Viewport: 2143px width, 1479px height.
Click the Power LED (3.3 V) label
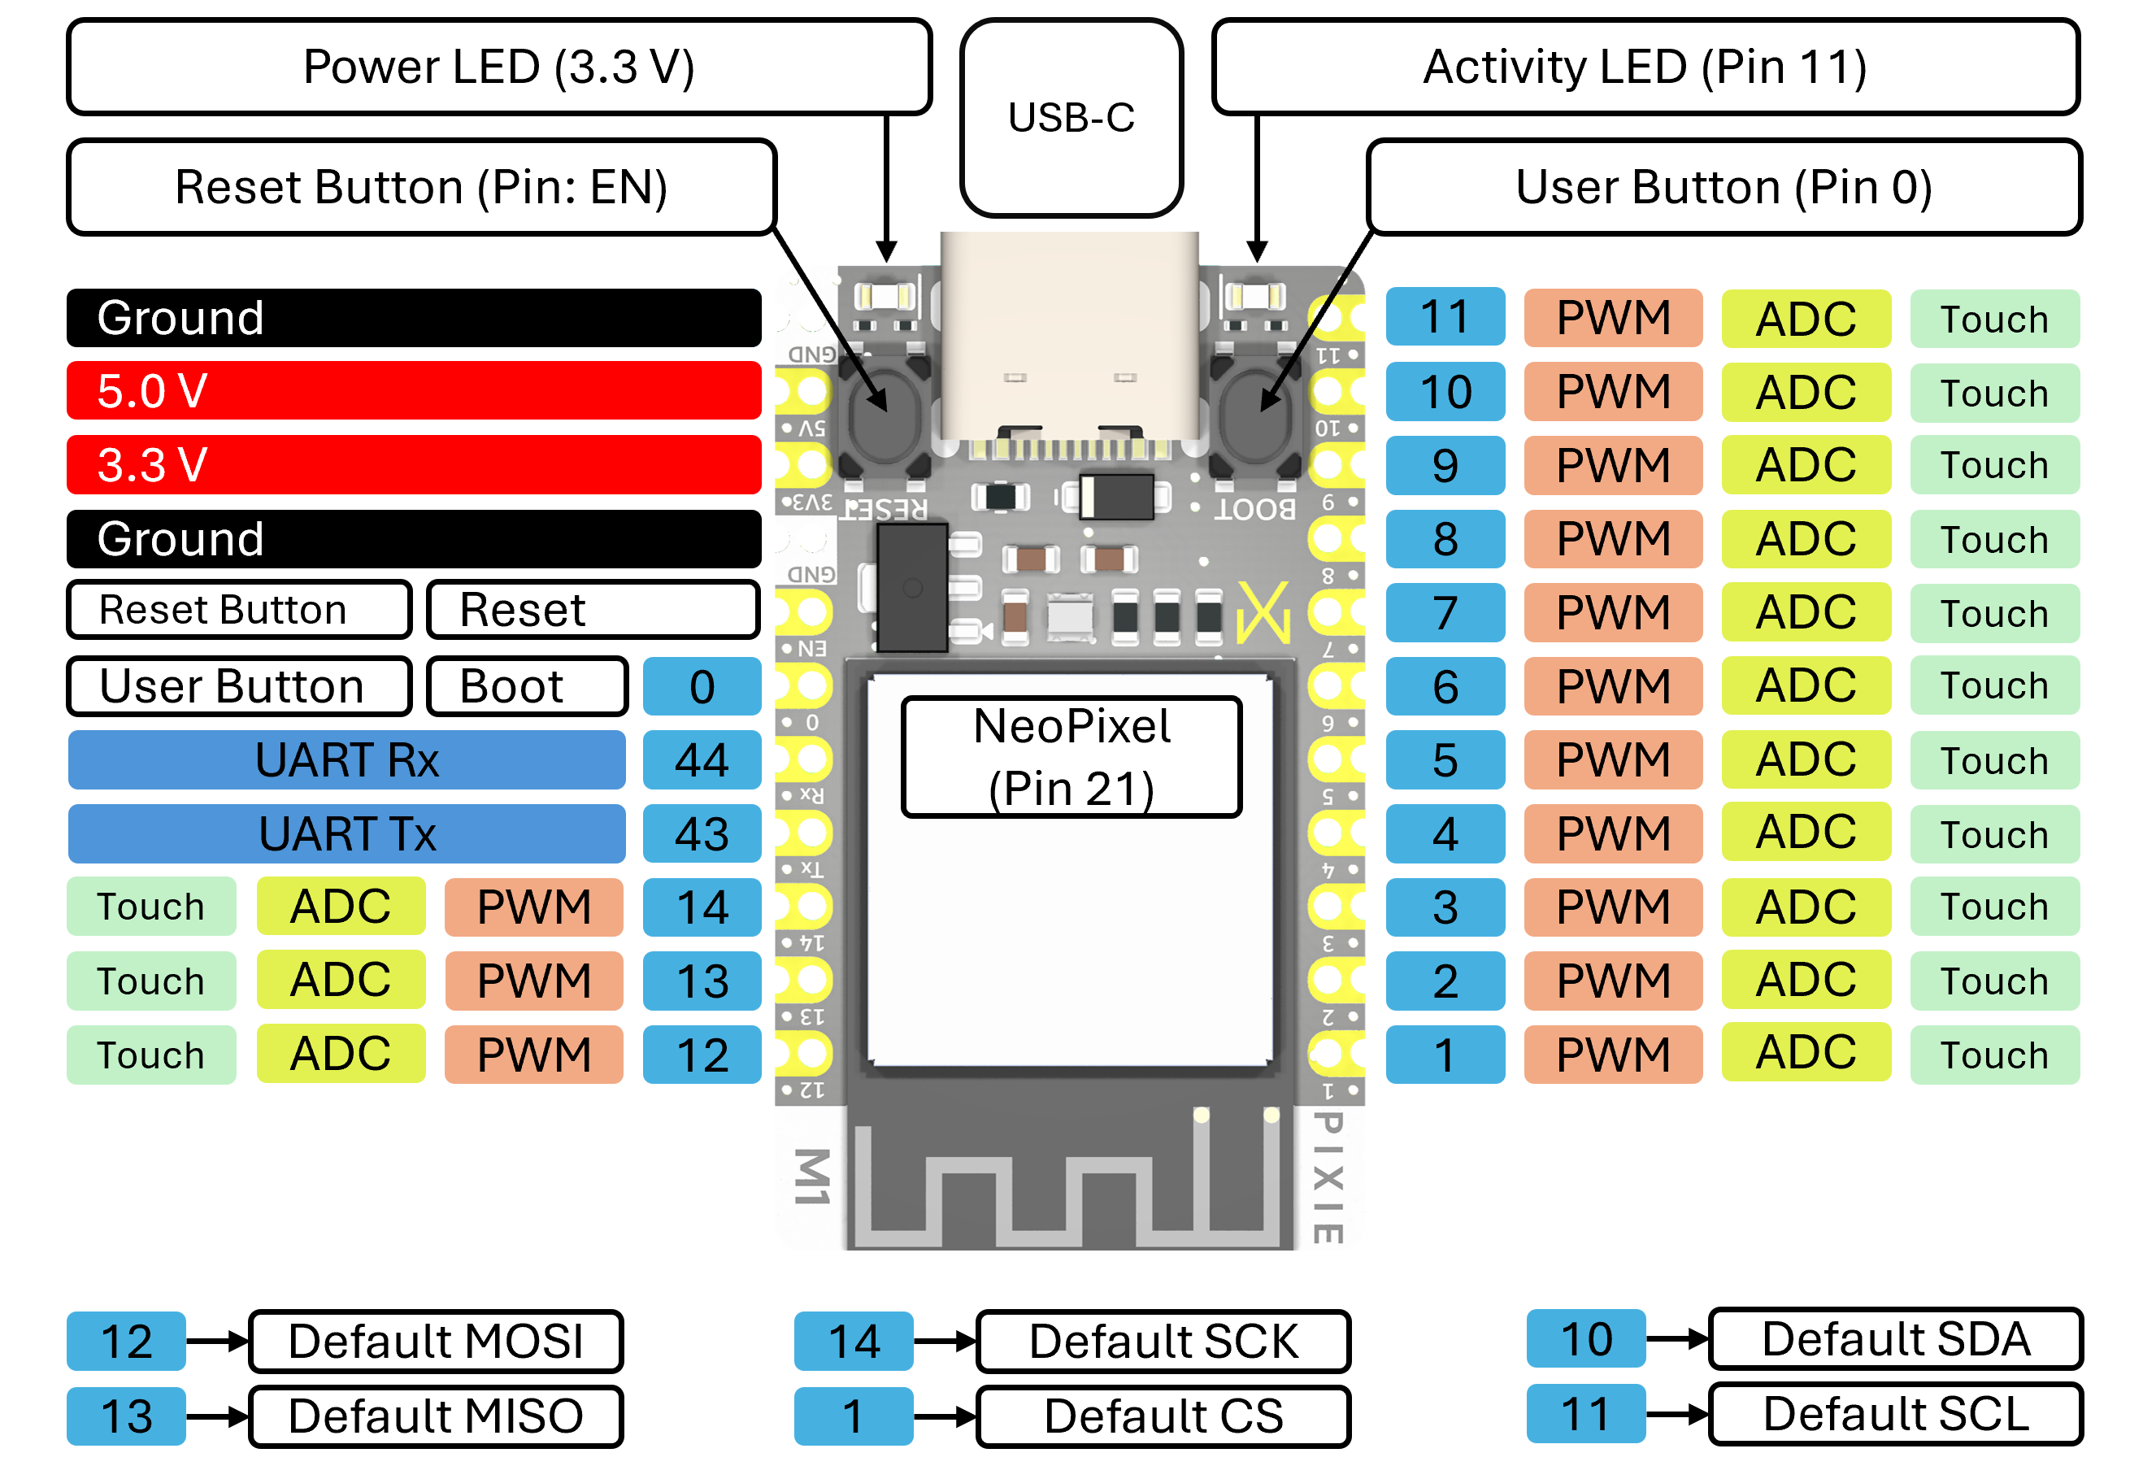click(x=498, y=67)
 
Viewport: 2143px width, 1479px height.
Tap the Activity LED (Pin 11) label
click(x=1645, y=67)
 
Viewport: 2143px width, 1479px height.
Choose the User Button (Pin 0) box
click(x=1724, y=186)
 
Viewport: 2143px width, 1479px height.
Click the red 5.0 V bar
click(x=413, y=390)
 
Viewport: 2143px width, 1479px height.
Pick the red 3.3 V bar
click(x=413, y=464)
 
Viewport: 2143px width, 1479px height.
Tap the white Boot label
click(x=526, y=685)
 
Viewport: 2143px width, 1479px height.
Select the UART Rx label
click(x=346, y=760)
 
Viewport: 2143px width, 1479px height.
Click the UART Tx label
click(x=346, y=833)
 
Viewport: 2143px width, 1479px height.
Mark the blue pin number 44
click(x=702, y=760)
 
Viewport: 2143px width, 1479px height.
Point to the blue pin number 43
click(x=702, y=833)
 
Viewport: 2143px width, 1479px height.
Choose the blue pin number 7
click(x=1445, y=612)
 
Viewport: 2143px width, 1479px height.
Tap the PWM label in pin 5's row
click(x=1612, y=760)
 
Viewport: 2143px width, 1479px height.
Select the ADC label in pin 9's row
click(x=1806, y=464)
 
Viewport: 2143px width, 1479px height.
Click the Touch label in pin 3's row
click(x=1994, y=907)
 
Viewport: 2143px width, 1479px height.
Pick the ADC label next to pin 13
click(x=340, y=980)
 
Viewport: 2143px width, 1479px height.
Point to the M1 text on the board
click(x=811, y=1177)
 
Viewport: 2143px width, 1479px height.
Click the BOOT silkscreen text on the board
click(x=1254, y=509)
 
